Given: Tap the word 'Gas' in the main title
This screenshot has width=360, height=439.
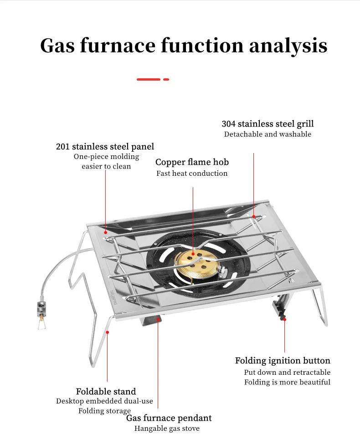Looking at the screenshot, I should click(59, 46).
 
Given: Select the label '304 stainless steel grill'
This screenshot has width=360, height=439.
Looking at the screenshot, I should click(267, 124).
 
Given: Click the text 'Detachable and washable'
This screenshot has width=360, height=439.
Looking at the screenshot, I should click(267, 134).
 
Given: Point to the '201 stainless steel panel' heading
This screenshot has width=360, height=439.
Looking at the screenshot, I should click(105, 147).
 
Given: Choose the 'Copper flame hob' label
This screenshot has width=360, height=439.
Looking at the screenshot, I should click(192, 162).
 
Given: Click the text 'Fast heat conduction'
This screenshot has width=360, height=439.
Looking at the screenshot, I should click(192, 174).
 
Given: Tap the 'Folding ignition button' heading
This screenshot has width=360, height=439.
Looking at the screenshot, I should click(283, 361).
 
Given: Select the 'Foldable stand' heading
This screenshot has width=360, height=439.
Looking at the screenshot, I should click(106, 392).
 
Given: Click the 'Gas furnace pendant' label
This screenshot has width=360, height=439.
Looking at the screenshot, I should click(169, 418).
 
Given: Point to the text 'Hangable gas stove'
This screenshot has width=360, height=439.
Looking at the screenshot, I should click(167, 429).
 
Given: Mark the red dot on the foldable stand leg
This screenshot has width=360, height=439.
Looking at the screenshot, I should click(108, 332).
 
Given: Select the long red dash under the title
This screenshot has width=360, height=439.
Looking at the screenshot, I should click(149, 79).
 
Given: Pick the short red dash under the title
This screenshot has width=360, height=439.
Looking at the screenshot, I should click(166, 79).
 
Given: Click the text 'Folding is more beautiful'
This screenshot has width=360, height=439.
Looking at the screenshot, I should click(287, 382).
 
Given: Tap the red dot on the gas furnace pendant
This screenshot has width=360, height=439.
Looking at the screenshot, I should click(158, 320).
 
